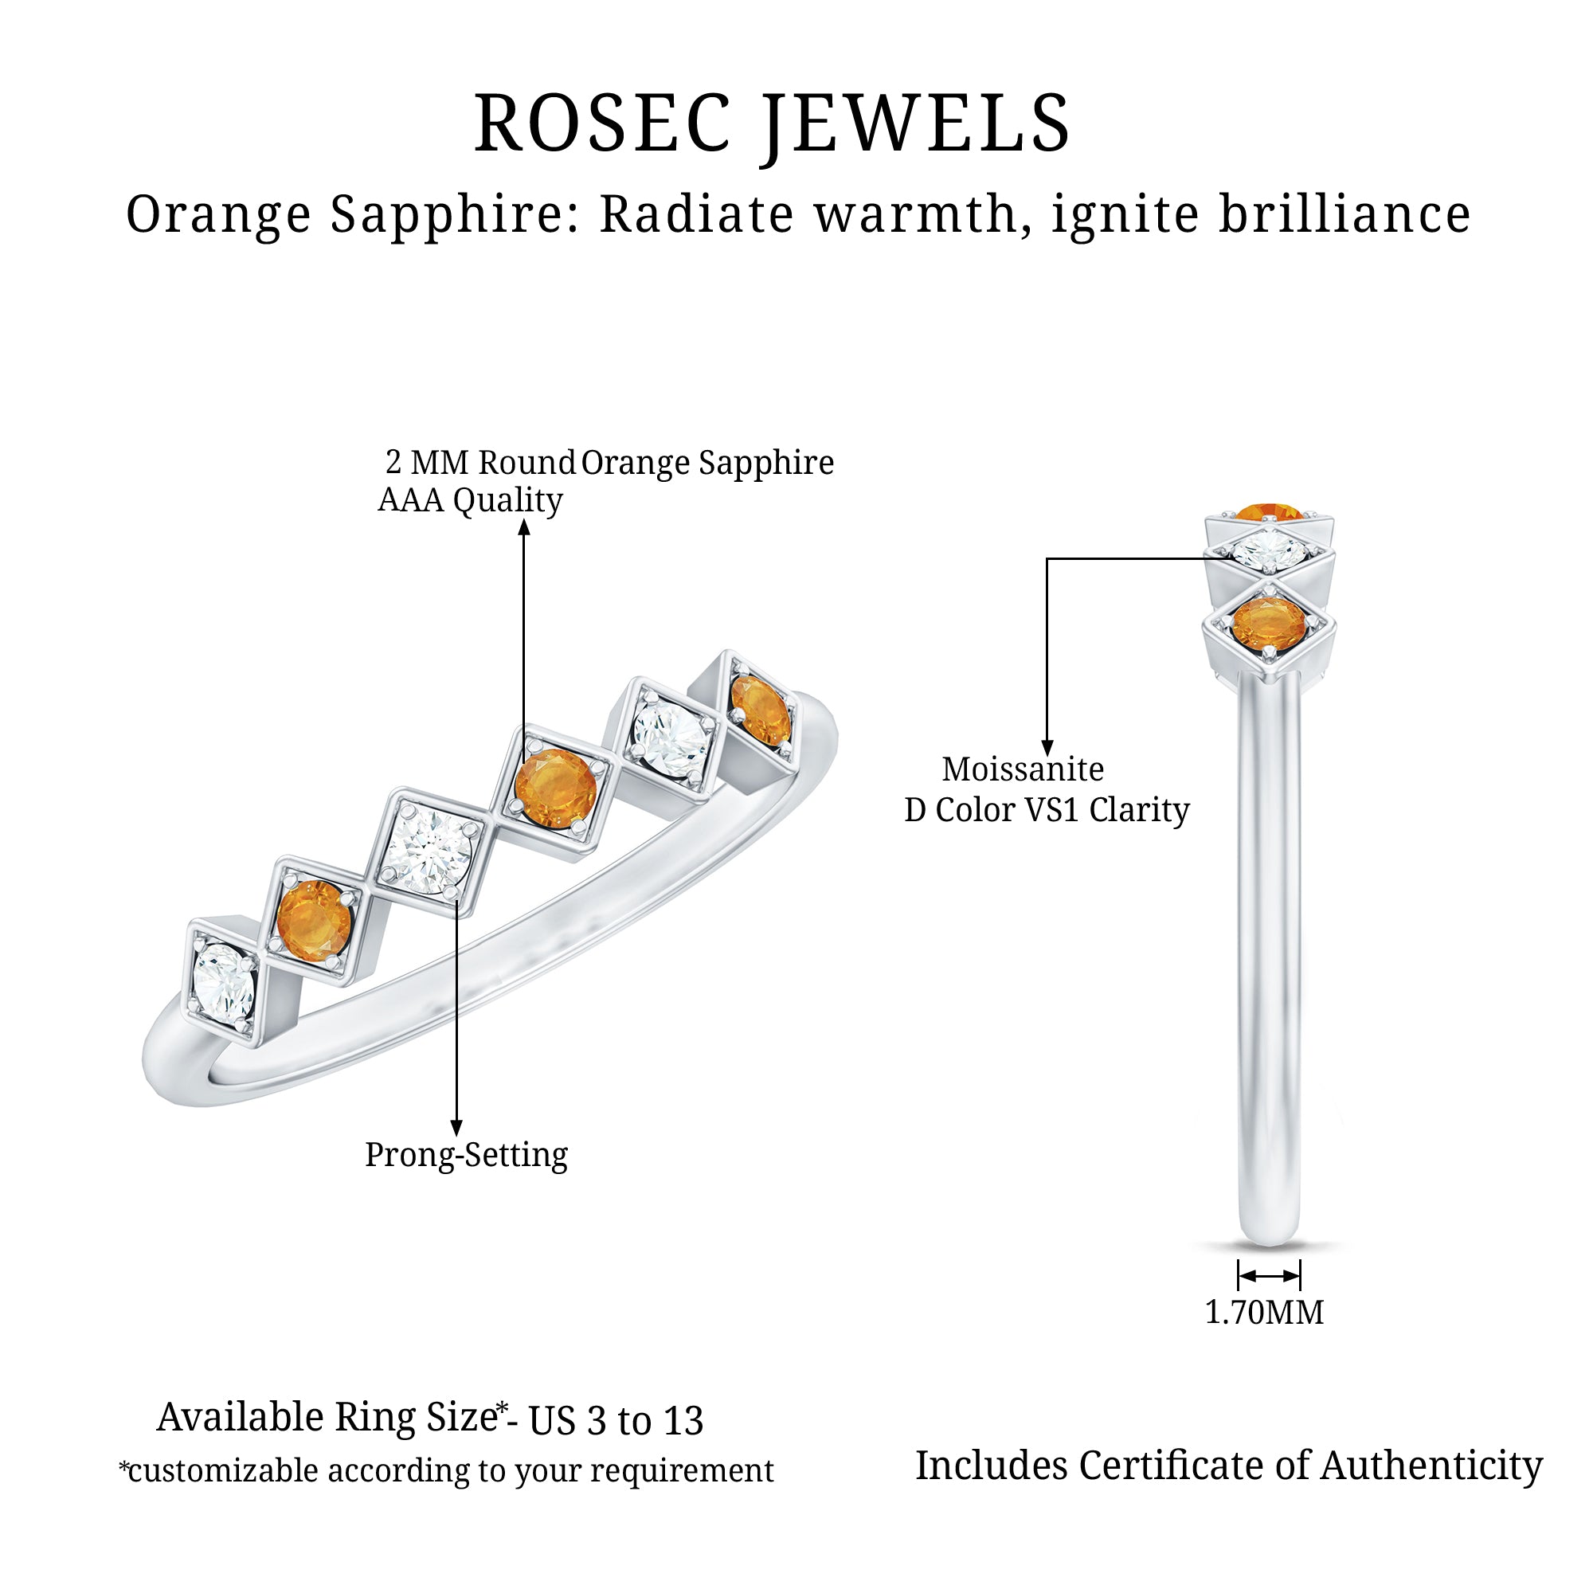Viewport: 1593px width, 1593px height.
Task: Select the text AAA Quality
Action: tap(470, 500)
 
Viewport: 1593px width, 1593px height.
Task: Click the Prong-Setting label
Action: tap(467, 1155)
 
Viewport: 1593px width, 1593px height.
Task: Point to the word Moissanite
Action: tap(1023, 769)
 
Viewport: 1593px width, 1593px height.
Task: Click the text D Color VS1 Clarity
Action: tap(1047, 810)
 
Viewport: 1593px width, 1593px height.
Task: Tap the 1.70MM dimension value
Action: tap(1264, 1312)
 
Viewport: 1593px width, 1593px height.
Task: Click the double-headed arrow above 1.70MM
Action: tap(1269, 1276)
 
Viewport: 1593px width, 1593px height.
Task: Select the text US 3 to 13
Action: tap(616, 1421)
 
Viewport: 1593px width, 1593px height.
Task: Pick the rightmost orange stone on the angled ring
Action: tap(760, 708)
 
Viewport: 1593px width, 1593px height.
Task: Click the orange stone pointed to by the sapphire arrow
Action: tap(555, 786)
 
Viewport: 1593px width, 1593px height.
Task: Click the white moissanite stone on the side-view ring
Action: tap(1270, 547)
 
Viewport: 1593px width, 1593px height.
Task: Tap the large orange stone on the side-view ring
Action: tap(1268, 623)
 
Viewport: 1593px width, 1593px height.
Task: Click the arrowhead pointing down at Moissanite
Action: tap(1047, 749)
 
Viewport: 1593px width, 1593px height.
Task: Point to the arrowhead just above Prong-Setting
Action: tap(456, 1128)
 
